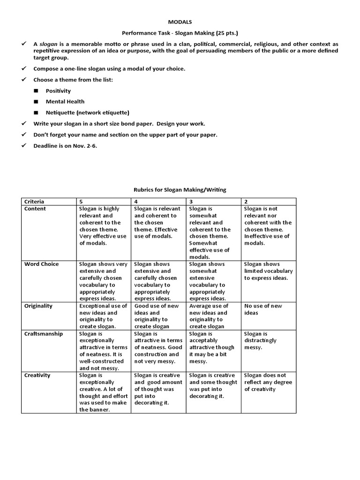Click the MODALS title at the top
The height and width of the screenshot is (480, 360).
(x=180, y=22)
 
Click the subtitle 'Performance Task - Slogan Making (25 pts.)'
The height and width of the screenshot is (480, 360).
(x=180, y=33)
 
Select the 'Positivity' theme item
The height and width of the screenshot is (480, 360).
(x=59, y=90)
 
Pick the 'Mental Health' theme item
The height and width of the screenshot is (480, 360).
(x=65, y=101)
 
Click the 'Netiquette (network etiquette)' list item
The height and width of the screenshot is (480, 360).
(x=87, y=112)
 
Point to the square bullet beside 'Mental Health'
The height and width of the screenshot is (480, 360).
(x=36, y=102)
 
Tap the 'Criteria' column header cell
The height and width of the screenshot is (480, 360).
(x=35, y=202)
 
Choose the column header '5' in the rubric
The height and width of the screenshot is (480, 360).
(x=82, y=202)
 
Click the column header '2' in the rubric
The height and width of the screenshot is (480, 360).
(x=246, y=202)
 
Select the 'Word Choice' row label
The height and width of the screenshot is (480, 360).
(x=42, y=264)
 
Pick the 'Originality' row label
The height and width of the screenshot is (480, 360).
(x=38, y=306)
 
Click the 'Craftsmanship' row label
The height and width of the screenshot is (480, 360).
(x=44, y=334)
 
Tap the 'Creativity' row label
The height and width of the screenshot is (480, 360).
(x=37, y=375)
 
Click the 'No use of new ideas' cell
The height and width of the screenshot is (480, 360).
(x=263, y=309)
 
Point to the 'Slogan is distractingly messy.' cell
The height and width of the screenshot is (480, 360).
(x=261, y=340)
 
